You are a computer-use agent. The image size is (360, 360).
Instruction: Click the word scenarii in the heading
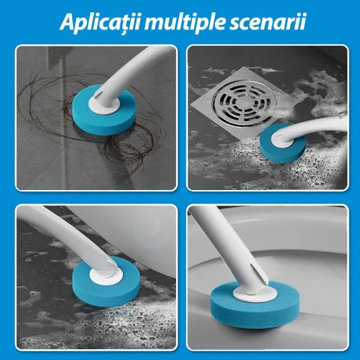coord(268,22)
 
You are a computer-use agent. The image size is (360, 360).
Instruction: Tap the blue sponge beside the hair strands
coord(104,110)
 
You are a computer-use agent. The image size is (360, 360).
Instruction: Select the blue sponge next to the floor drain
coord(282,143)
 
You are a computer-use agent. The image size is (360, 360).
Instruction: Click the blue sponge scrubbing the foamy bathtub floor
coord(106,282)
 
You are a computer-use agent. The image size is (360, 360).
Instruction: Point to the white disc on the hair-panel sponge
coord(104,105)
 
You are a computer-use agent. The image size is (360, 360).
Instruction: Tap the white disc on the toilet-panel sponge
coord(255,294)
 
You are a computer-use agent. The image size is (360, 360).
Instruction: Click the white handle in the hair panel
coord(129,76)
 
